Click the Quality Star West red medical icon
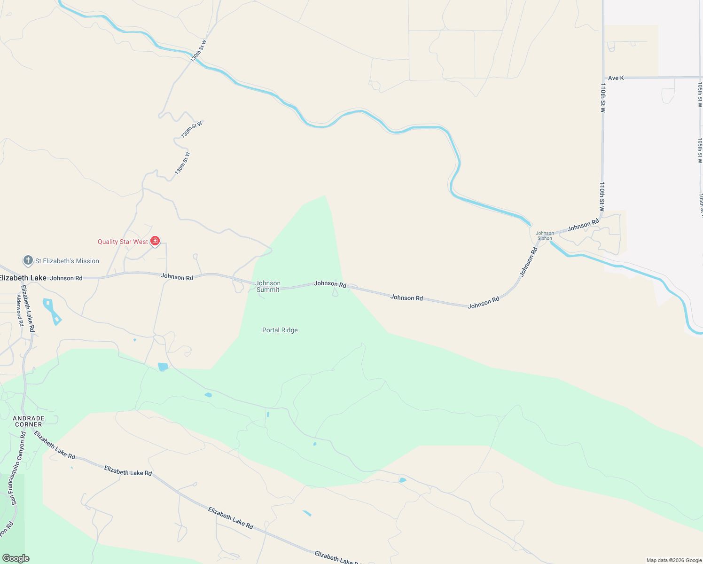pos(155,241)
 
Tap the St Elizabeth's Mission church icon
pos(28,260)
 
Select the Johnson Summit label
pos(268,286)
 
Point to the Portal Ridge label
pos(280,330)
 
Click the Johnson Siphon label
pos(545,235)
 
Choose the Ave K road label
pos(616,78)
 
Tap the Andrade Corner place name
pos(29,421)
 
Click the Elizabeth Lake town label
pos(23,278)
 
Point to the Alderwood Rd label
pos(20,311)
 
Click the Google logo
pos(16,558)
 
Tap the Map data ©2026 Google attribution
pos(674,560)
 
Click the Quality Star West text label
pos(123,242)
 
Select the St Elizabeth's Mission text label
pos(67,261)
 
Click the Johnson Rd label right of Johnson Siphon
pos(583,226)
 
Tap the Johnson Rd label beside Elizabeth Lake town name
pos(66,278)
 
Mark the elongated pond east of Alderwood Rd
pos(52,312)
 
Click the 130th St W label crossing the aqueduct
pos(198,51)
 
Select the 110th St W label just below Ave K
pos(603,98)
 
